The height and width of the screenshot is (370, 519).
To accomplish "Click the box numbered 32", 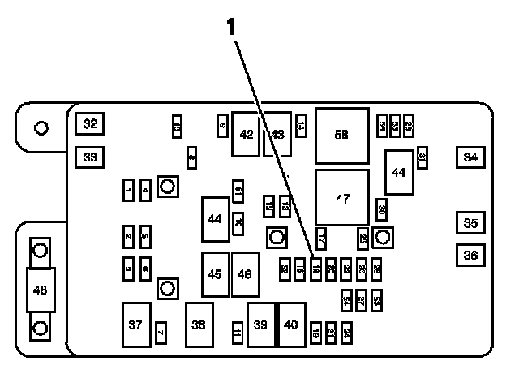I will coord(90,124).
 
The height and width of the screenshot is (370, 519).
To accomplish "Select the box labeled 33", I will coord(90,157).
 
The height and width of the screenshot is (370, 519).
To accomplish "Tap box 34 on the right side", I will coord(469,157).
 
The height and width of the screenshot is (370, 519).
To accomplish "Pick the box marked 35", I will coord(470,222).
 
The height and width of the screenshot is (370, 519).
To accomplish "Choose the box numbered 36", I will coord(470,255).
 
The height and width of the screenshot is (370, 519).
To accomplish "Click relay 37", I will coord(135,325).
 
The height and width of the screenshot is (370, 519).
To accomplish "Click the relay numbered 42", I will coord(246,134).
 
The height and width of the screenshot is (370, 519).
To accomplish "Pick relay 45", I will coord(215,274).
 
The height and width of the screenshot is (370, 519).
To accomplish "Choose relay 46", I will coord(245,274).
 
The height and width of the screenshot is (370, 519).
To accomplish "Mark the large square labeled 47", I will coord(342,198).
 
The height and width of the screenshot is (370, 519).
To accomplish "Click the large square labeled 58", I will coord(342,135).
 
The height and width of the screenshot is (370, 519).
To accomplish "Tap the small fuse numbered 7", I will coord(161,333).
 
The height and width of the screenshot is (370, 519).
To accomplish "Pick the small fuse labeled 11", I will coord(237,333).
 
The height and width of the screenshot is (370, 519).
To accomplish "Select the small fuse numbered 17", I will coord(321,238).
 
